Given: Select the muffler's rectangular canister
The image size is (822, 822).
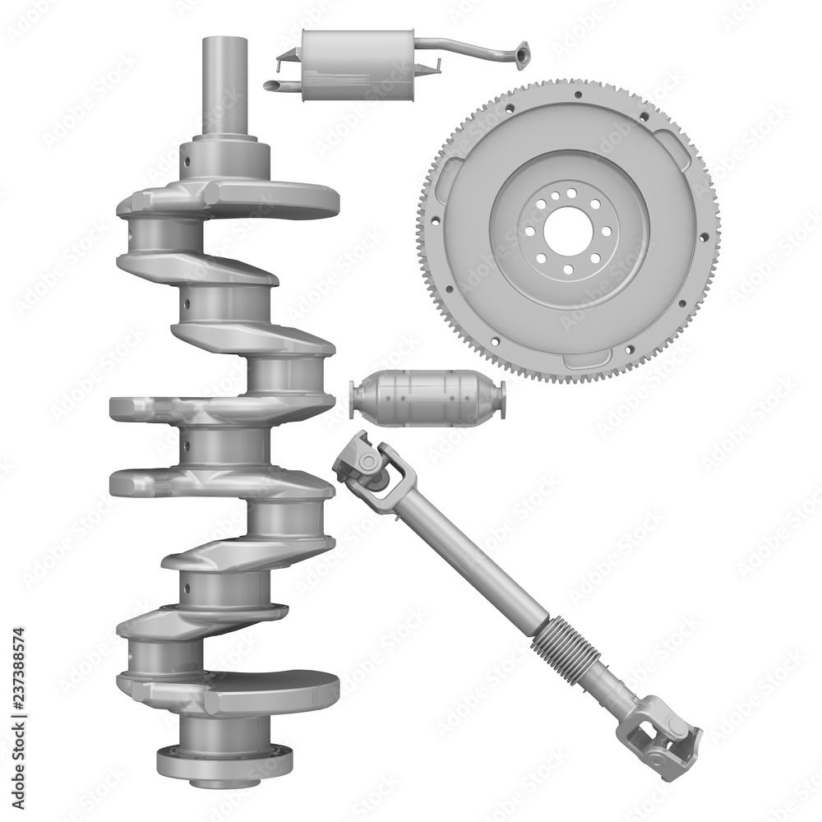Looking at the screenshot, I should coord(357,65).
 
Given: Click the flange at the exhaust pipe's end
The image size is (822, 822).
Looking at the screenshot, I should coord(520,55).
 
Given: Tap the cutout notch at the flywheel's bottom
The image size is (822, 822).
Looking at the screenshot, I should coord(584,358).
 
